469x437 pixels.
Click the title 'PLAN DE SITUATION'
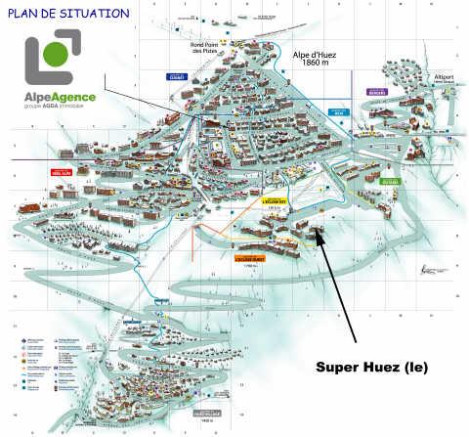[x=65, y=14]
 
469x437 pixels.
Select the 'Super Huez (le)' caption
[x=371, y=367]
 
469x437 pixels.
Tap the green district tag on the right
[x=390, y=181]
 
